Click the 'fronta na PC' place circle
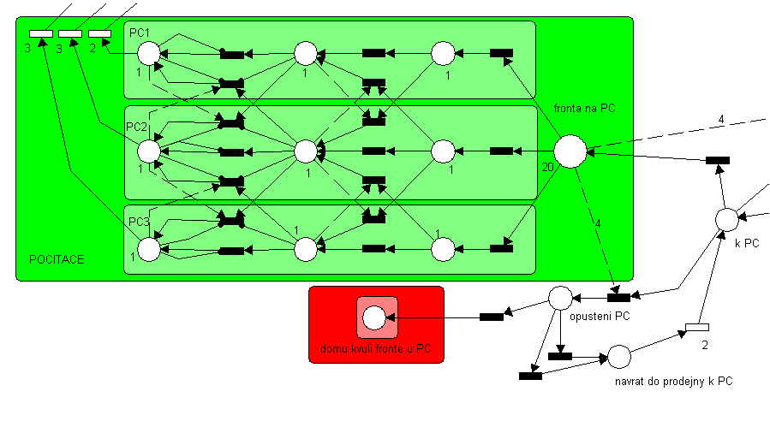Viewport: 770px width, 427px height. (x=570, y=151)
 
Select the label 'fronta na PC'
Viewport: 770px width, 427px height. (x=585, y=108)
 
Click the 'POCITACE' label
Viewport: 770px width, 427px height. (x=57, y=258)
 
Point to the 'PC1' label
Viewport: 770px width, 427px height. (x=140, y=32)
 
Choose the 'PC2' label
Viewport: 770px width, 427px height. (x=137, y=127)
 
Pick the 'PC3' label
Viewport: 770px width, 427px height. (x=140, y=222)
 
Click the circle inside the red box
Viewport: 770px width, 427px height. (x=375, y=317)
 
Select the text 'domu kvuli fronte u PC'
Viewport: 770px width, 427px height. (x=375, y=349)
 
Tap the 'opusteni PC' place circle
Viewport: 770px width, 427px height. (x=560, y=299)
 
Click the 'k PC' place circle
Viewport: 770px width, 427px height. (x=725, y=219)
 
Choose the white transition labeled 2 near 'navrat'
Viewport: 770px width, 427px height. (x=697, y=327)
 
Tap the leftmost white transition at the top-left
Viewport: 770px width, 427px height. (x=40, y=33)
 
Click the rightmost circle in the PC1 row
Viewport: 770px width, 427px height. (x=442, y=53)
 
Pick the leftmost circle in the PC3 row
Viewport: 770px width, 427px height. (x=148, y=250)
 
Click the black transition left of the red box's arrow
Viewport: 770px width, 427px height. (x=492, y=317)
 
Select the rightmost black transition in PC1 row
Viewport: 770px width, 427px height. (x=501, y=53)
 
